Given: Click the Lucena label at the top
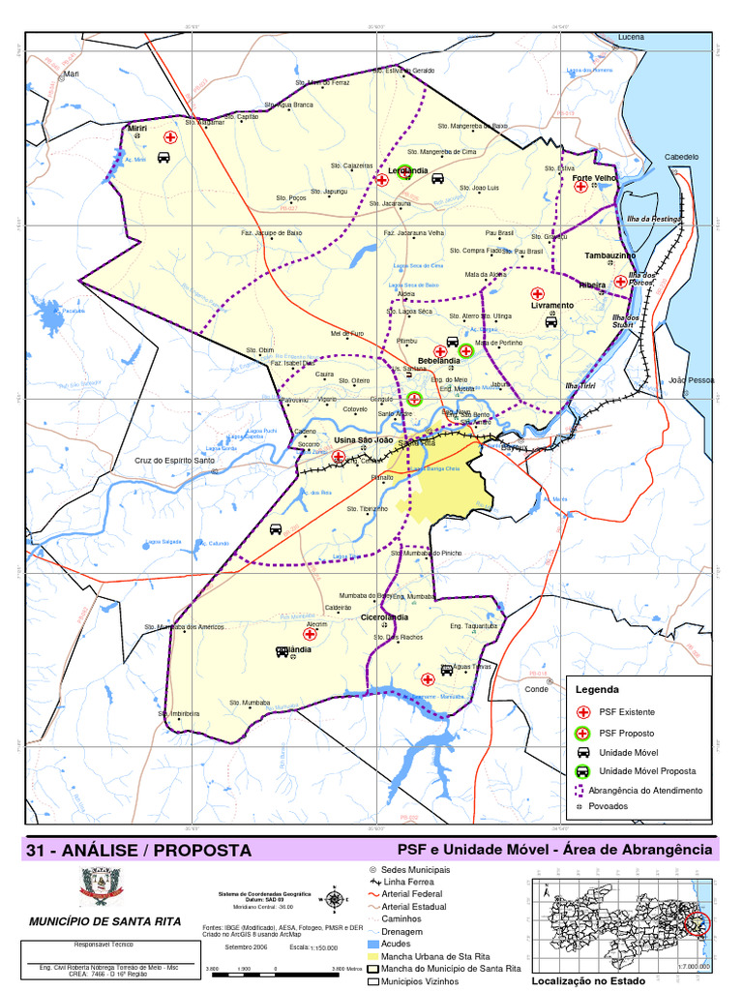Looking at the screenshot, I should (631, 37).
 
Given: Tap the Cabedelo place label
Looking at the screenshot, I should (681, 157).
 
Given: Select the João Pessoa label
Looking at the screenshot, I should (691, 380).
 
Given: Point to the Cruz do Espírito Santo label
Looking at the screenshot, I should (175, 461).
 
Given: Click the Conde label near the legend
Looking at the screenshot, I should (536, 689).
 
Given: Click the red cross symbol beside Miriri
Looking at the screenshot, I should (170, 138).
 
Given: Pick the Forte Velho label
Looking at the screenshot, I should (594, 178).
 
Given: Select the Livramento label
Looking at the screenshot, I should (552, 305).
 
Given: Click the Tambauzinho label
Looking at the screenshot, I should (609, 255).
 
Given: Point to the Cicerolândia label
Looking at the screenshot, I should (384, 616).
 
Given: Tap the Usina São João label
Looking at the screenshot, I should (364, 440).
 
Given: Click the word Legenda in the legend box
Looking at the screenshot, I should (596, 690).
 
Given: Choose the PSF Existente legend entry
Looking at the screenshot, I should (626, 712).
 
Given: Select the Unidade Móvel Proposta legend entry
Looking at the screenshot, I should (647, 771).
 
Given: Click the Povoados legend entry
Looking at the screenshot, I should (612, 806).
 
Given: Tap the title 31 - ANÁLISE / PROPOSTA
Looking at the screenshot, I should (139, 851).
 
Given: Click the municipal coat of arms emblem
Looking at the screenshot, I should (100, 886).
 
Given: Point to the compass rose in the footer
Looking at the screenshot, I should (334, 898).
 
